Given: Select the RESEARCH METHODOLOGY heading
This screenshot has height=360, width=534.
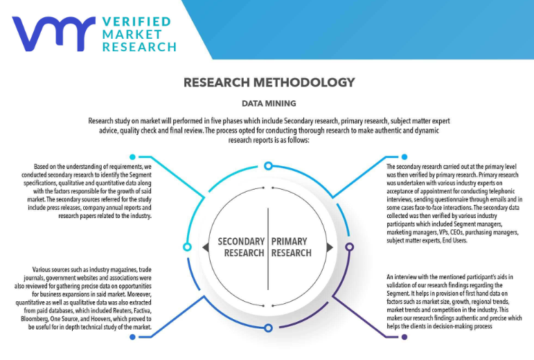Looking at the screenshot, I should click(x=269, y=82).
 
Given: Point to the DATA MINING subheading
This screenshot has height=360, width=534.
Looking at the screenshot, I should click(x=269, y=103).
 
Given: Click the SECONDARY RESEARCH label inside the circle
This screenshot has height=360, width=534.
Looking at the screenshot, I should click(x=241, y=247).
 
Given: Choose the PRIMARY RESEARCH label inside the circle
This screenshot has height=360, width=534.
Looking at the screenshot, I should click(x=290, y=247).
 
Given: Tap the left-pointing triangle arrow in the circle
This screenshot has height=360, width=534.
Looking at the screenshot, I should click(x=206, y=247).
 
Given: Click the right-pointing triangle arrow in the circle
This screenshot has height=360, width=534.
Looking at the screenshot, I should click(x=328, y=247).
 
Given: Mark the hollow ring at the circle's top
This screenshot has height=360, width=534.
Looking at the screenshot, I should click(x=267, y=165).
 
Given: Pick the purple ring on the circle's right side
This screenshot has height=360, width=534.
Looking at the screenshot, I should click(x=349, y=246).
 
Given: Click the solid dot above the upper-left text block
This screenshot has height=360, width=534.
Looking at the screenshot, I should click(x=132, y=157).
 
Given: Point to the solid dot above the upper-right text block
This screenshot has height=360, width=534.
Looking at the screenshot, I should click(x=405, y=157).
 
